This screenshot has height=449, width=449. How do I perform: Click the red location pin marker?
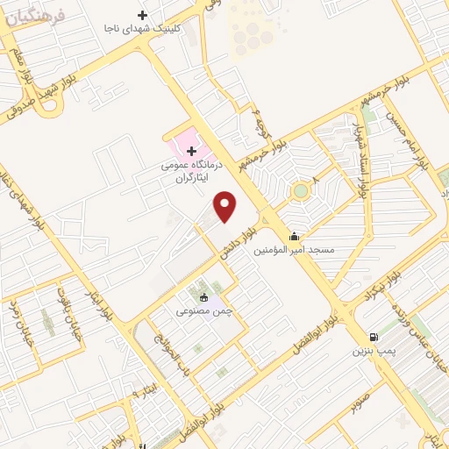(226, 206)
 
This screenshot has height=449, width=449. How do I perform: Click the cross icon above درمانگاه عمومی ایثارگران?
(192, 152)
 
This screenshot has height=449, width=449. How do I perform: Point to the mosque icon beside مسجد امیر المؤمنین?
(293, 235)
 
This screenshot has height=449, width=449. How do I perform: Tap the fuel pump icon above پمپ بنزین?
(376, 337)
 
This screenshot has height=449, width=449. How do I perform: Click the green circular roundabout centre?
(301, 190)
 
